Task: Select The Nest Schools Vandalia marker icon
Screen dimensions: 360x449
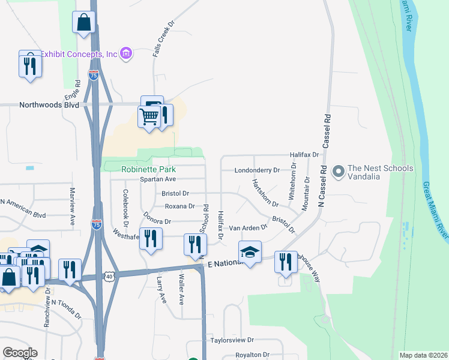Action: pyautogui.click(x=338, y=172)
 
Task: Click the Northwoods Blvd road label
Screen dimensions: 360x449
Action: pyautogui.click(x=49, y=104)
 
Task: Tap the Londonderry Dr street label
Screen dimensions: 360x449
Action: pyautogui.click(x=257, y=170)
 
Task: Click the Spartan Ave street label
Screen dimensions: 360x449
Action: pyautogui.click(x=157, y=179)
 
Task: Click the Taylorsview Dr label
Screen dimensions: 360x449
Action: pyautogui.click(x=234, y=340)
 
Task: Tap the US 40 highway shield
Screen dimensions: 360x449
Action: pyautogui.click(x=108, y=276)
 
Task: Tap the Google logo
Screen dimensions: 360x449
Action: pyautogui.click(x=20, y=353)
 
